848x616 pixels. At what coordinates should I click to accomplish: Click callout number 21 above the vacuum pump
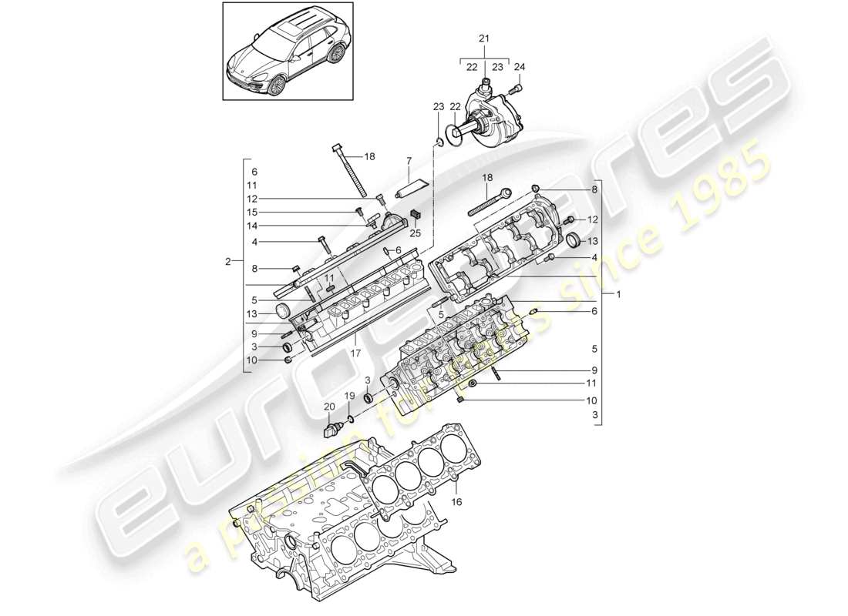point(483,38)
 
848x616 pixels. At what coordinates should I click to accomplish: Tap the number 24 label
point(519,67)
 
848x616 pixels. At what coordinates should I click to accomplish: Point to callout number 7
point(409,160)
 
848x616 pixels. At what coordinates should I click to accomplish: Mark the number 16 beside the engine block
point(456,500)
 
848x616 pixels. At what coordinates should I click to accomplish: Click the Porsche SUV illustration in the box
point(287,50)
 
